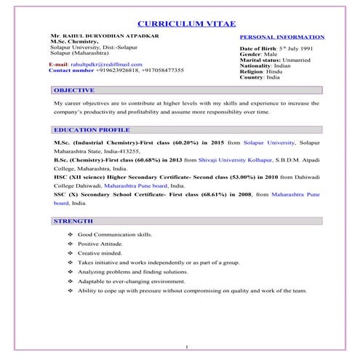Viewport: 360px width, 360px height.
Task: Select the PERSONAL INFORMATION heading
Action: (x=282, y=36)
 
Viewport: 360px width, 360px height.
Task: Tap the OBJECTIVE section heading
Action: (x=73, y=90)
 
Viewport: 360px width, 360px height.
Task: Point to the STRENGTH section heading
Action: (x=73, y=220)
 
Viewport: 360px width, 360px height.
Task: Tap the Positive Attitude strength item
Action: (x=102, y=244)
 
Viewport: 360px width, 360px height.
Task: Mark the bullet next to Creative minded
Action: (x=69, y=254)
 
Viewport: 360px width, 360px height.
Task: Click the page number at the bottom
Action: (x=187, y=346)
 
